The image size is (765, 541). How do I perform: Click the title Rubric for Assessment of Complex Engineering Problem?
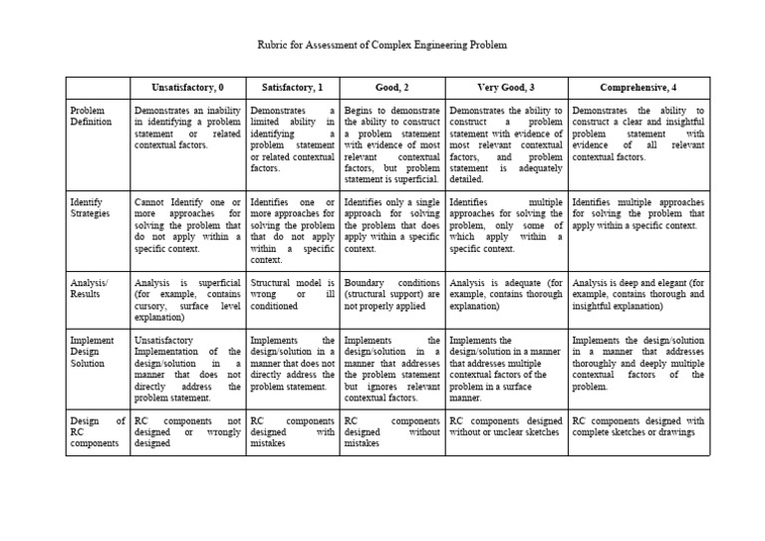[x=382, y=46]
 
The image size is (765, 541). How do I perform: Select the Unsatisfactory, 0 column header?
[x=188, y=88]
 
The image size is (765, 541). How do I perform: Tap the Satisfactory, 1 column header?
[x=293, y=88]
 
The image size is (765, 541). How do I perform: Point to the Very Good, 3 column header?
[x=506, y=88]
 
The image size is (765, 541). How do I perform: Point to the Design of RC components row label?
[x=98, y=433]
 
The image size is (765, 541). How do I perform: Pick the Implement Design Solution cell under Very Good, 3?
[x=506, y=369]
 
